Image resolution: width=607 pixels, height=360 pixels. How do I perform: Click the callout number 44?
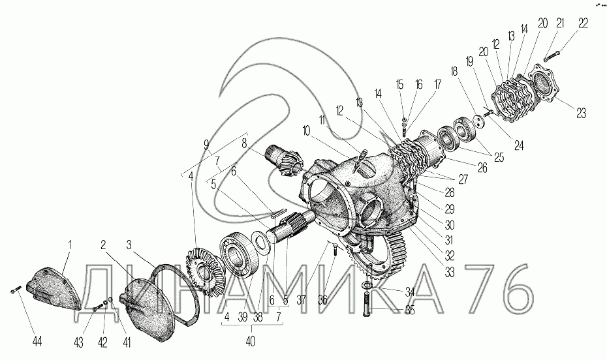click(x=37, y=341)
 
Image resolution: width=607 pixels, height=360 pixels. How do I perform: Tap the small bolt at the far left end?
click(x=15, y=290)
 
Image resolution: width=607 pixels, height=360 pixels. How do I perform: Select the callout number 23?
click(x=581, y=113)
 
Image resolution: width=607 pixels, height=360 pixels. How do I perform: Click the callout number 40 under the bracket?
click(x=251, y=341)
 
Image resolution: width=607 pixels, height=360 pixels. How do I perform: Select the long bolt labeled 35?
click(x=367, y=305)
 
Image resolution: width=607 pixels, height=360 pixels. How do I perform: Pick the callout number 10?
click(x=306, y=132)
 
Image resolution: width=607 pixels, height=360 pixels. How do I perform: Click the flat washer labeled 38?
click(x=260, y=242)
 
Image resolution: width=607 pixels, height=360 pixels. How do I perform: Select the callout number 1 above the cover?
click(x=70, y=245)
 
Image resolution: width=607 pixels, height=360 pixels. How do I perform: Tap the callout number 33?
click(x=449, y=272)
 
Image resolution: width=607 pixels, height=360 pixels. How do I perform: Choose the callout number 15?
click(x=399, y=84)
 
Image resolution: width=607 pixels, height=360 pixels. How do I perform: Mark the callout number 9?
click(x=206, y=145)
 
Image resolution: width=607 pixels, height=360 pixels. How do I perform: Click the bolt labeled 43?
click(x=99, y=307)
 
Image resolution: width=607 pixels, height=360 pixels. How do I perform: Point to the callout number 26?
click(x=482, y=168)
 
